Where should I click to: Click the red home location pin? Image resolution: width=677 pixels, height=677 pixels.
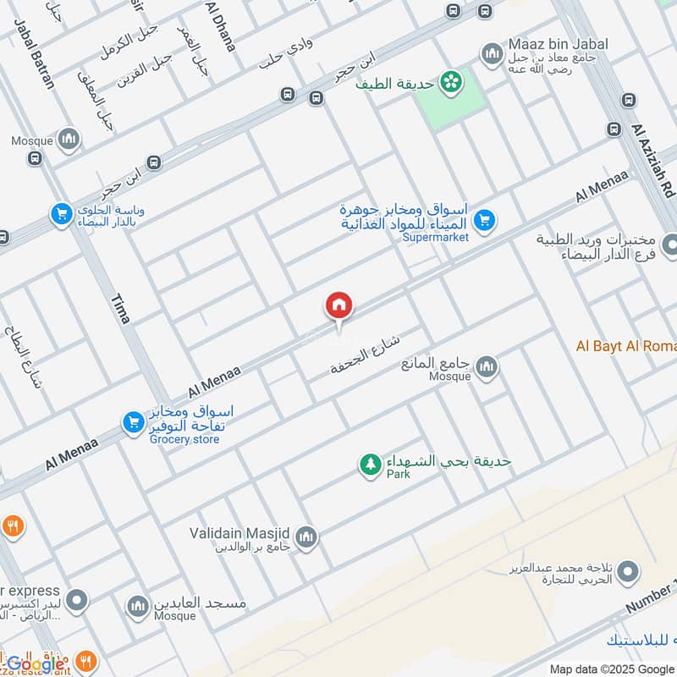click(x=338, y=306)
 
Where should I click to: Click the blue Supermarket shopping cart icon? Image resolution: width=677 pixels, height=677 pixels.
click(x=484, y=221)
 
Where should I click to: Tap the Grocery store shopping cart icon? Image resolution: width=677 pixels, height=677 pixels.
click(x=132, y=421)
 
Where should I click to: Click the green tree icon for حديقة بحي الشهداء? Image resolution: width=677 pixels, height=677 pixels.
click(x=370, y=465)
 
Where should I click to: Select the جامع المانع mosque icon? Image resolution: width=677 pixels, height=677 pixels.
click(x=486, y=367)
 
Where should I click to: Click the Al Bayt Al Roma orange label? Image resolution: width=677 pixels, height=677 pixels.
click(x=626, y=345)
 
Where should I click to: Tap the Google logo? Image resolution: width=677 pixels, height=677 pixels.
click(x=36, y=663)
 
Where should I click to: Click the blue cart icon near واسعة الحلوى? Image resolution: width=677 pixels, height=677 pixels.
click(x=61, y=214)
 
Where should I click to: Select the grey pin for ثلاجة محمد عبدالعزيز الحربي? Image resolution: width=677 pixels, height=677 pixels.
click(x=627, y=575)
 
